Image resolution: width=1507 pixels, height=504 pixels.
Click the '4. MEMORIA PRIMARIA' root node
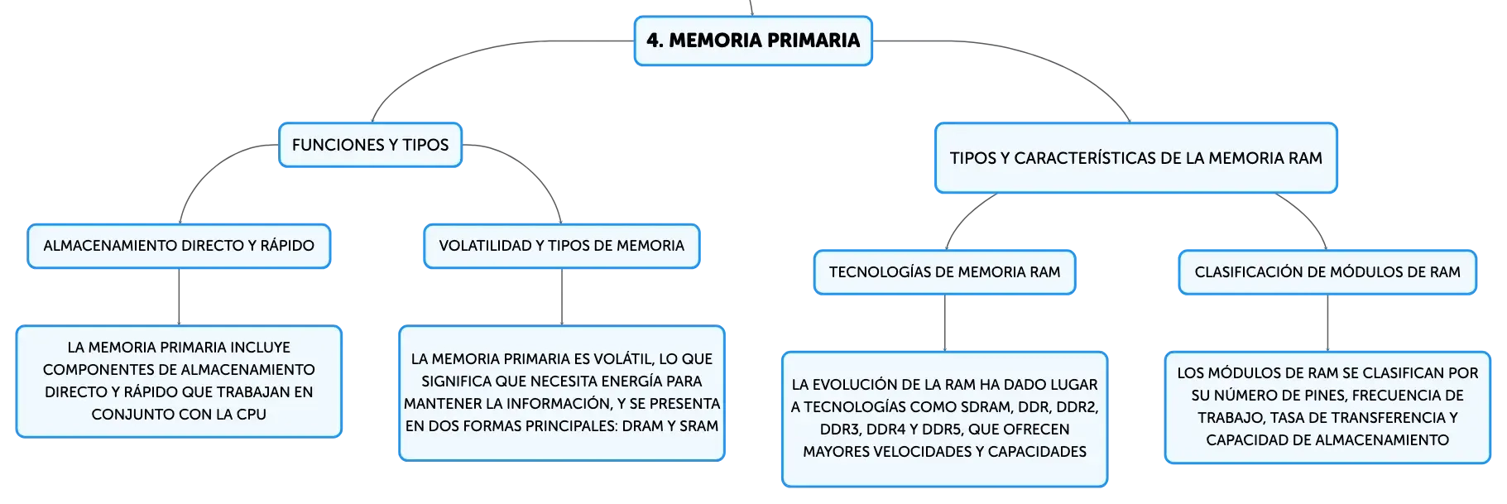click(x=753, y=41)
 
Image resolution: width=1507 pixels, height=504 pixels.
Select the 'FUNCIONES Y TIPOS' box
click(x=370, y=145)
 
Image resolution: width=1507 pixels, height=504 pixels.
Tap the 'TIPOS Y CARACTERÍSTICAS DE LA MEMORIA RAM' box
click(x=1136, y=158)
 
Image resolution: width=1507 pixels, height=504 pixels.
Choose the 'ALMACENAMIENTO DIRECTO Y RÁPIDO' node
click(x=179, y=246)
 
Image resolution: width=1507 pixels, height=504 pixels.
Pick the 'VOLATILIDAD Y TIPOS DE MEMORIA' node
click(x=562, y=246)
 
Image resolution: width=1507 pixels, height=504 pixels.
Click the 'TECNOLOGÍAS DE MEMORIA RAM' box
click(x=945, y=272)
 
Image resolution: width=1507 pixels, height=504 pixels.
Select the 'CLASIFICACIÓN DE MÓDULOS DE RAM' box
click(x=1327, y=272)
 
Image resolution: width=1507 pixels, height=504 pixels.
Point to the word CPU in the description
click(x=251, y=415)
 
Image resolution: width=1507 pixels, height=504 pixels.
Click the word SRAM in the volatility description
click(x=699, y=426)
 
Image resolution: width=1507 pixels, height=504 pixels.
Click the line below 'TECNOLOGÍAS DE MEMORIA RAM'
click(x=945, y=324)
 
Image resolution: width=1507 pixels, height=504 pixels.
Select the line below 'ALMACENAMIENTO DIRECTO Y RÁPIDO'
click(x=179, y=297)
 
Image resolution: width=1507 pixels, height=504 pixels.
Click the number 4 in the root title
click(x=652, y=41)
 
